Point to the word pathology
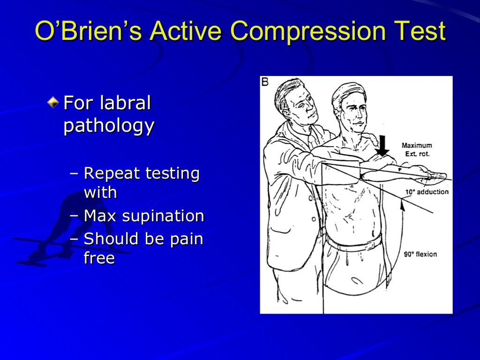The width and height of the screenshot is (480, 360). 109,127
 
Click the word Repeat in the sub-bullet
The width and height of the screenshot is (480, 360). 112,174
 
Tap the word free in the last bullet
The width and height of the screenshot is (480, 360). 99,258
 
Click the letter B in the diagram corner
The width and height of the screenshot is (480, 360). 265,82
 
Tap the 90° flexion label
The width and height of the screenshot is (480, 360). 420,255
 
